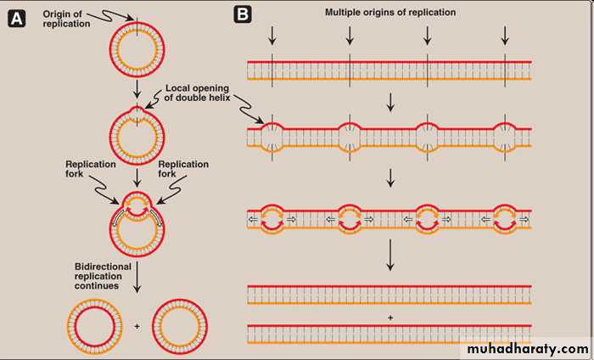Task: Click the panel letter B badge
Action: pyautogui.click(x=242, y=14)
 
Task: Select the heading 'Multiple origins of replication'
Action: pyautogui.click(x=390, y=13)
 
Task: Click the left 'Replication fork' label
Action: pyautogui.click(x=87, y=168)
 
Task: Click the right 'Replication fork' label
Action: pyautogui.click(x=183, y=168)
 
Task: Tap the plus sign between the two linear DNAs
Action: pyautogui.click(x=390, y=317)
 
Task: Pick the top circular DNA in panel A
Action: pyautogui.click(x=133, y=50)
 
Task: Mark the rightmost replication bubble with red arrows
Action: pyautogui.click(x=505, y=218)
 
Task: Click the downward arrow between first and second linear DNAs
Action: pyautogui.click(x=390, y=101)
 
